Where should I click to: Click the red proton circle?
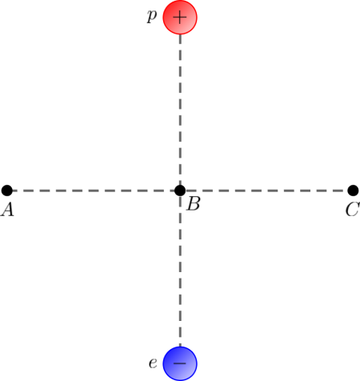pos(180,18)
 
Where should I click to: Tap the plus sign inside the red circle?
pos(180,17)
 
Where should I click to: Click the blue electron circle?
pos(180,363)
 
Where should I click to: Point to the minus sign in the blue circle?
pos(180,363)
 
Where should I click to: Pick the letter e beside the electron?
pos(151,363)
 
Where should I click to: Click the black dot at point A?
pos(7,190)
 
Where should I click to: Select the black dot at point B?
pos(180,190)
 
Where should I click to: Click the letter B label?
pos(194,205)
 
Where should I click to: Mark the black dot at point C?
pos(353,190)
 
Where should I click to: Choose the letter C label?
pos(352,211)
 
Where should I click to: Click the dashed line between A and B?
pos(94,190)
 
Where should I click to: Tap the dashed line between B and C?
pos(266,190)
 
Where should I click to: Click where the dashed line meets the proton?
pos(180,35)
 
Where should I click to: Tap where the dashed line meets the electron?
pos(180,346)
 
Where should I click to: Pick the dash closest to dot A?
pos(19,190)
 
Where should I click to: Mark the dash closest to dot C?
pos(341,190)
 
